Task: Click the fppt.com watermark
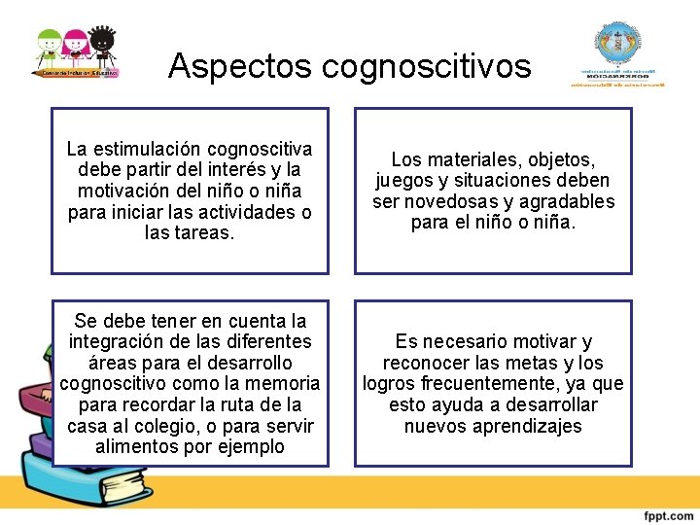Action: (667, 513)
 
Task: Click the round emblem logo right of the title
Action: (619, 49)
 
